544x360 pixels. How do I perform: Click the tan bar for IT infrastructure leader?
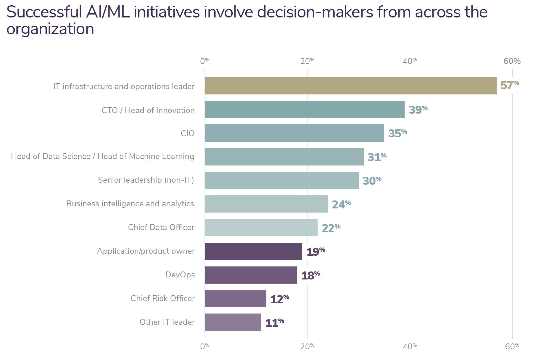(x=350, y=86)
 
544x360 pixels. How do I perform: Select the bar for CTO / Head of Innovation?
(x=305, y=109)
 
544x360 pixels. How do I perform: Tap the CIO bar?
(x=294, y=133)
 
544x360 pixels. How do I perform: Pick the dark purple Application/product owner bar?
(x=253, y=251)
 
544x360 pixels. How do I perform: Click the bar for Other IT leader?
(x=233, y=322)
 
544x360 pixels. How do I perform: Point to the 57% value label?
(x=509, y=85)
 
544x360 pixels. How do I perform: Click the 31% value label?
(x=377, y=157)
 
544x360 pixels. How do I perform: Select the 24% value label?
(x=341, y=204)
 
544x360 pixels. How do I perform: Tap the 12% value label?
(x=279, y=299)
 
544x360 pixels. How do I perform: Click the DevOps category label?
(x=180, y=275)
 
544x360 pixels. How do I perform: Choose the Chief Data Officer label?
(x=161, y=227)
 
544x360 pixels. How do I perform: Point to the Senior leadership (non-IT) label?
(x=146, y=180)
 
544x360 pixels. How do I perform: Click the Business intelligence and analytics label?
(x=130, y=204)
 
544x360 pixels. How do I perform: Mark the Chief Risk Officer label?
(x=162, y=298)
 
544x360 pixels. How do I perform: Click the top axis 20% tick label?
(x=307, y=61)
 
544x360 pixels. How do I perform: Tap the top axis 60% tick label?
(x=512, y=61)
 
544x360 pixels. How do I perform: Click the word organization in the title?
(x=50, y=29)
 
